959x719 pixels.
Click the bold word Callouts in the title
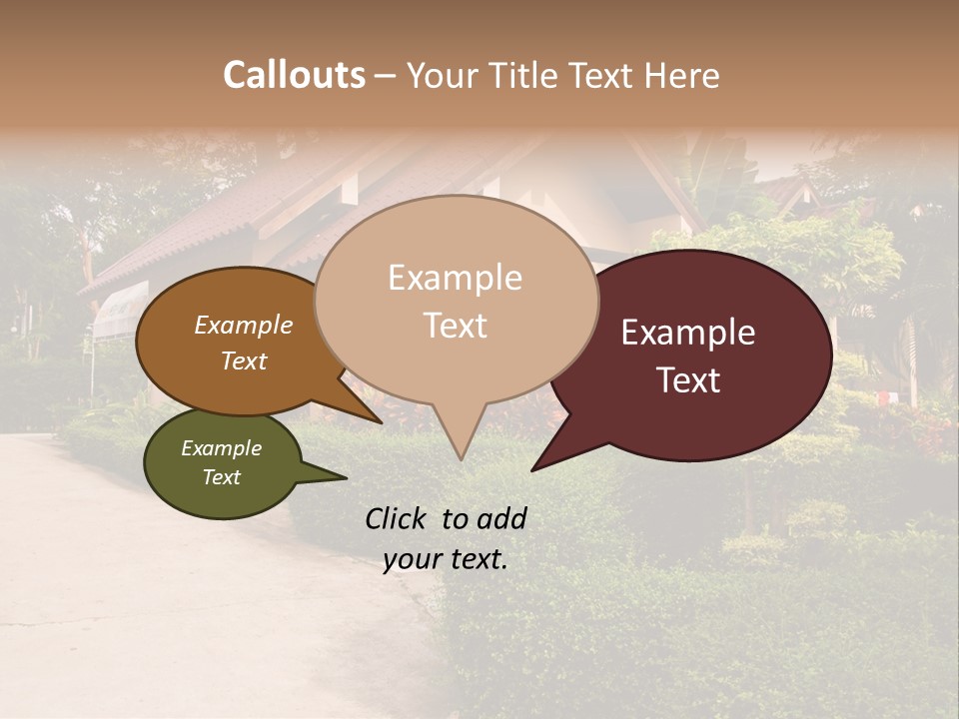(294, 75)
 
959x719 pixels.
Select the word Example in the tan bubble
(455, 278)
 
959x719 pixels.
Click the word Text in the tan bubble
(456, 326)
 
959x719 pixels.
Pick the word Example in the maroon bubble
(688, 333)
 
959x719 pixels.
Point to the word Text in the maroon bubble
(689, 380)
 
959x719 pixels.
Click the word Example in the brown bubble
(243, 326)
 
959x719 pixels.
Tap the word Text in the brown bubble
(244, 360)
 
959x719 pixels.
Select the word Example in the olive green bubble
(221, 448)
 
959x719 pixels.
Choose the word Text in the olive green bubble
(221, 477)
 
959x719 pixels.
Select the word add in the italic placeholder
(502, 518)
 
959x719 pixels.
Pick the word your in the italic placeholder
(414, 559)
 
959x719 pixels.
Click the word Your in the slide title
(441, 76)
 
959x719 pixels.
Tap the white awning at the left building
(118, 310)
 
